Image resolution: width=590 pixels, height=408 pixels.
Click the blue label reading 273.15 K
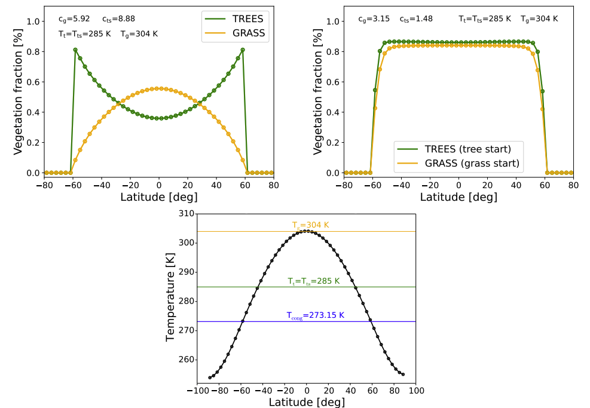[x=315, y=315]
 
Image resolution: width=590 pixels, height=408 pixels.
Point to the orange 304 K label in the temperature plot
[x=310, y=225]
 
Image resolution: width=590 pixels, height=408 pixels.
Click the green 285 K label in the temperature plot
[x=313, y=281]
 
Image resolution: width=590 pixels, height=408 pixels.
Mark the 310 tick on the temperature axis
[x=187, y=213]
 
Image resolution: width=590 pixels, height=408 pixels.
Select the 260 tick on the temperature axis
[x=187, y=360]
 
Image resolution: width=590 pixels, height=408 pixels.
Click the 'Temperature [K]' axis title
[x=171, y=297]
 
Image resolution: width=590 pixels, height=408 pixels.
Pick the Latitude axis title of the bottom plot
[x=306, y=401]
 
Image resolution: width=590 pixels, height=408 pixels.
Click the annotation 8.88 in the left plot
[x=113, y=19]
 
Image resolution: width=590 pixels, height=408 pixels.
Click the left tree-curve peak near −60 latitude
[x=75, y=50]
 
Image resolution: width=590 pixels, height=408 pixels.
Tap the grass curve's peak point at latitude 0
[x=159, y=88]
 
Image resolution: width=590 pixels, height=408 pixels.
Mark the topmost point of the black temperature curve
[x=307, y=231]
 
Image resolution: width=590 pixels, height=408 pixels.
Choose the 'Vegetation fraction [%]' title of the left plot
[x=18, y=90]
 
